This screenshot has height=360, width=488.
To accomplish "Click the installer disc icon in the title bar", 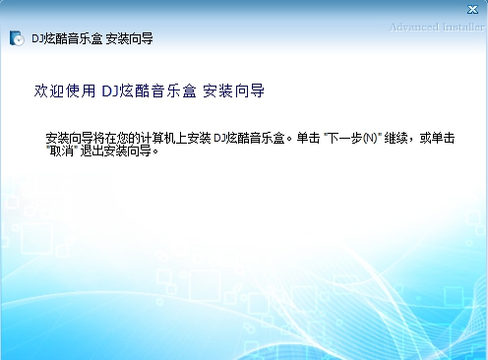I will (17, 39).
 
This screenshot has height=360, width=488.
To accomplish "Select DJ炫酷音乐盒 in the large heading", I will (150, 91).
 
